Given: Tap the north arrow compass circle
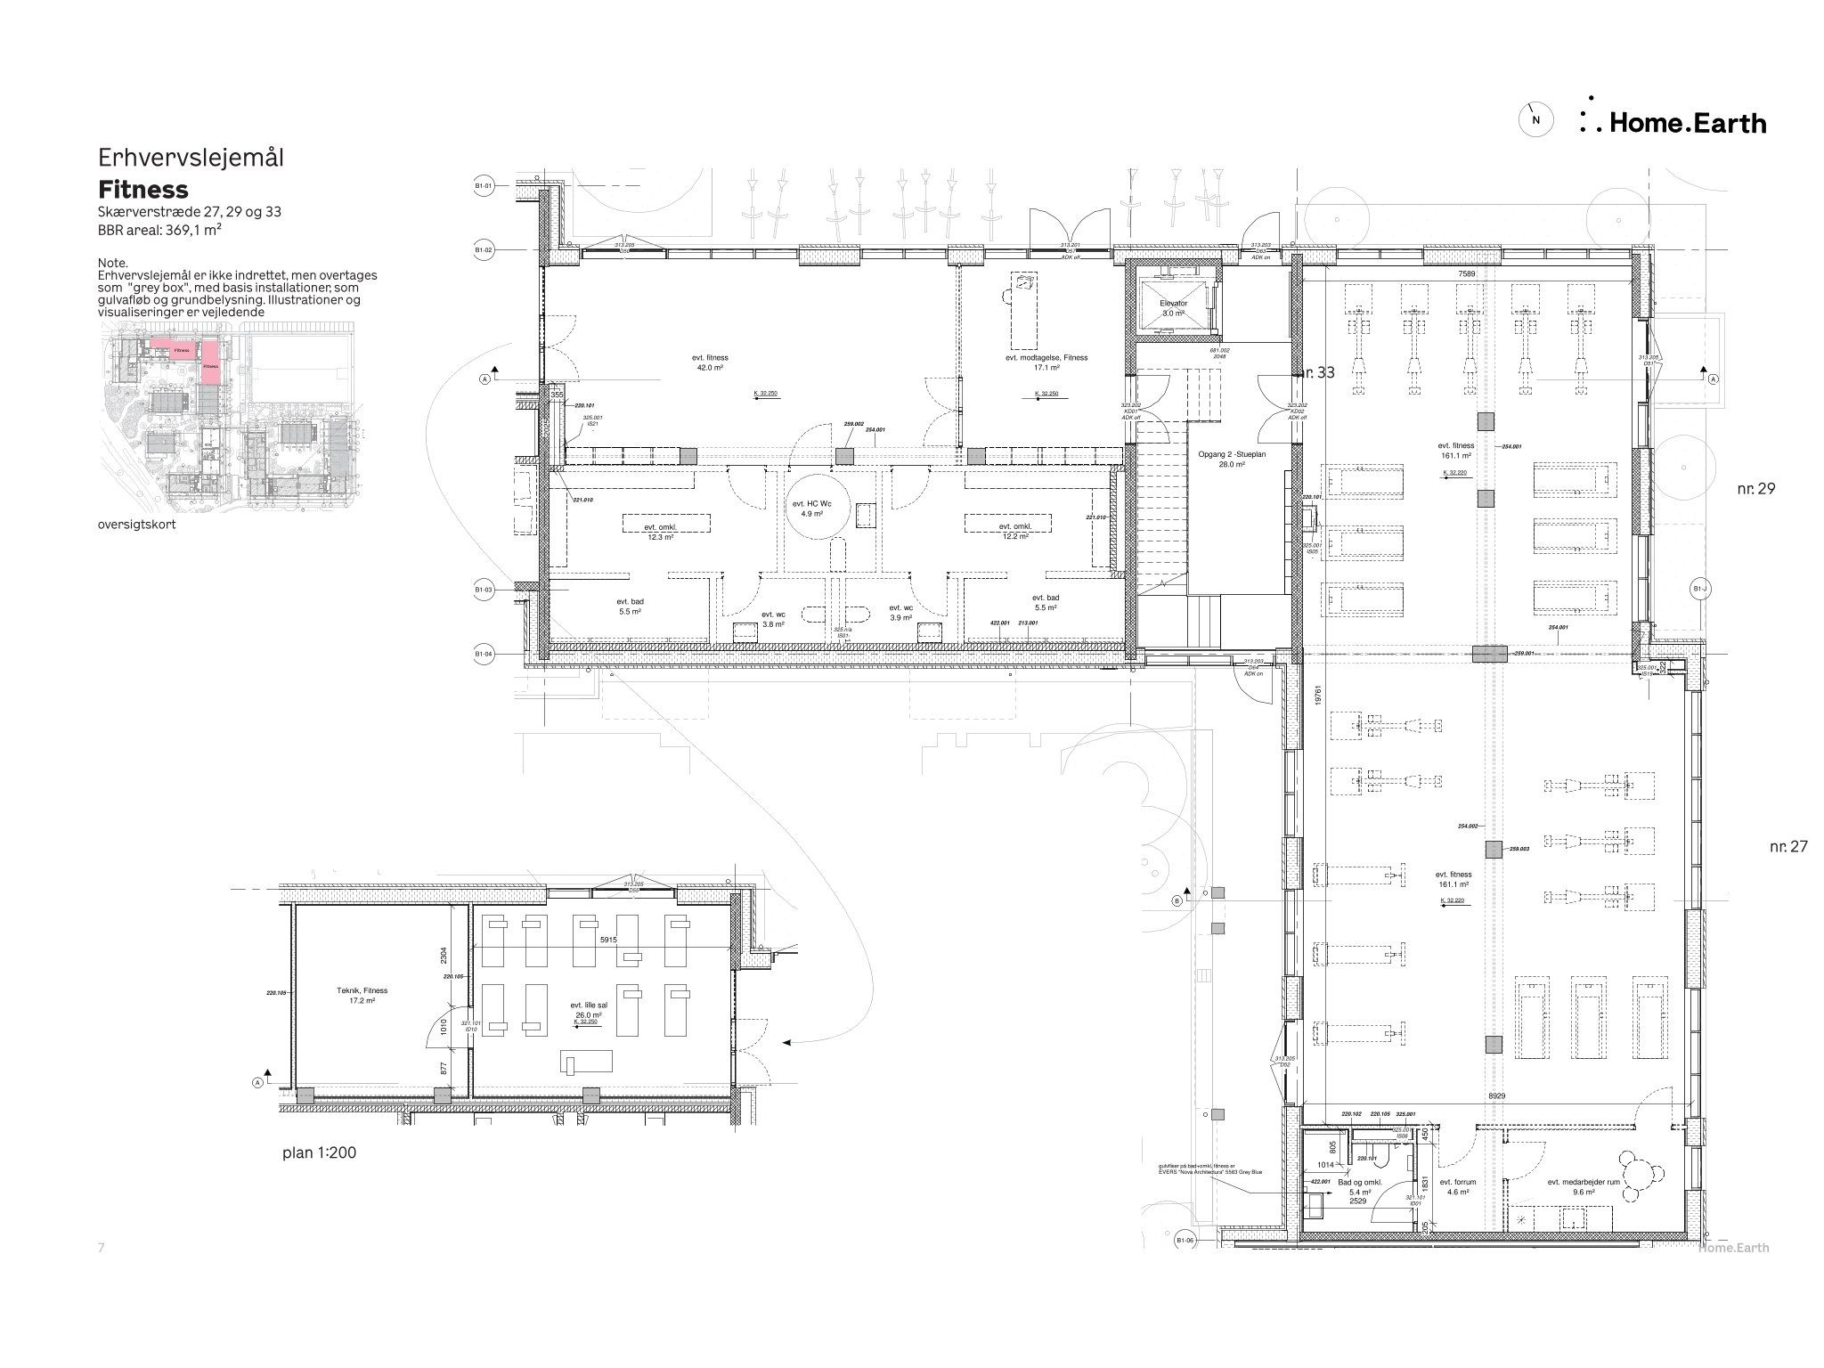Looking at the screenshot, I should click(x=1535, y=119).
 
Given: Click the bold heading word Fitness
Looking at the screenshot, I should click(x=143, y=190).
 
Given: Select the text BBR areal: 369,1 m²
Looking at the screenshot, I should click(x=159, y=230).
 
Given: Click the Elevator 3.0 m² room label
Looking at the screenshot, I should click(x=1173, y=309).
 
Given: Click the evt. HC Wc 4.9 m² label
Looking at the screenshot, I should click(x=811, y=509).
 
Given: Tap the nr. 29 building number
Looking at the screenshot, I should click(x=1755, y=488).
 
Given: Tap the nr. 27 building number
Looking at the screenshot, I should click(x=1788, y=846).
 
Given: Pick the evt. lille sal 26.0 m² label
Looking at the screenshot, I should click(x=588, y=1009).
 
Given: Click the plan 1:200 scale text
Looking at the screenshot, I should click(x=319, y=1152).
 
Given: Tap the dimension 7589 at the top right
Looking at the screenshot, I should click(x=1466, y=274).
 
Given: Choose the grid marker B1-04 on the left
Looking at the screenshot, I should click(x=483, y=655).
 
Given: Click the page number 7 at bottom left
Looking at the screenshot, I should click(x=102, y=1248).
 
